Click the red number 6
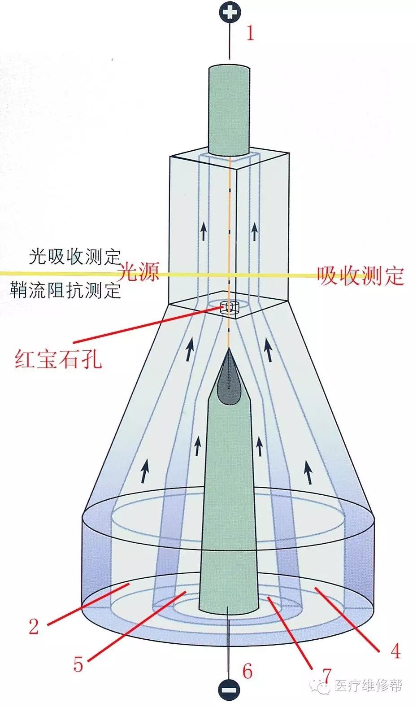pyautogui.click(x=247, y=671)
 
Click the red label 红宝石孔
pyautogui.click(x=58, y=359)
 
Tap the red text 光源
pyautogui.click(x=139, y=272)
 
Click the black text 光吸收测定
pyautogui.click(x=75, y=257)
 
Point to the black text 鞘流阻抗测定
pyautogui.click(x=66, y=291)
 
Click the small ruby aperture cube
pyautogui.click(x=230, y=308)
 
